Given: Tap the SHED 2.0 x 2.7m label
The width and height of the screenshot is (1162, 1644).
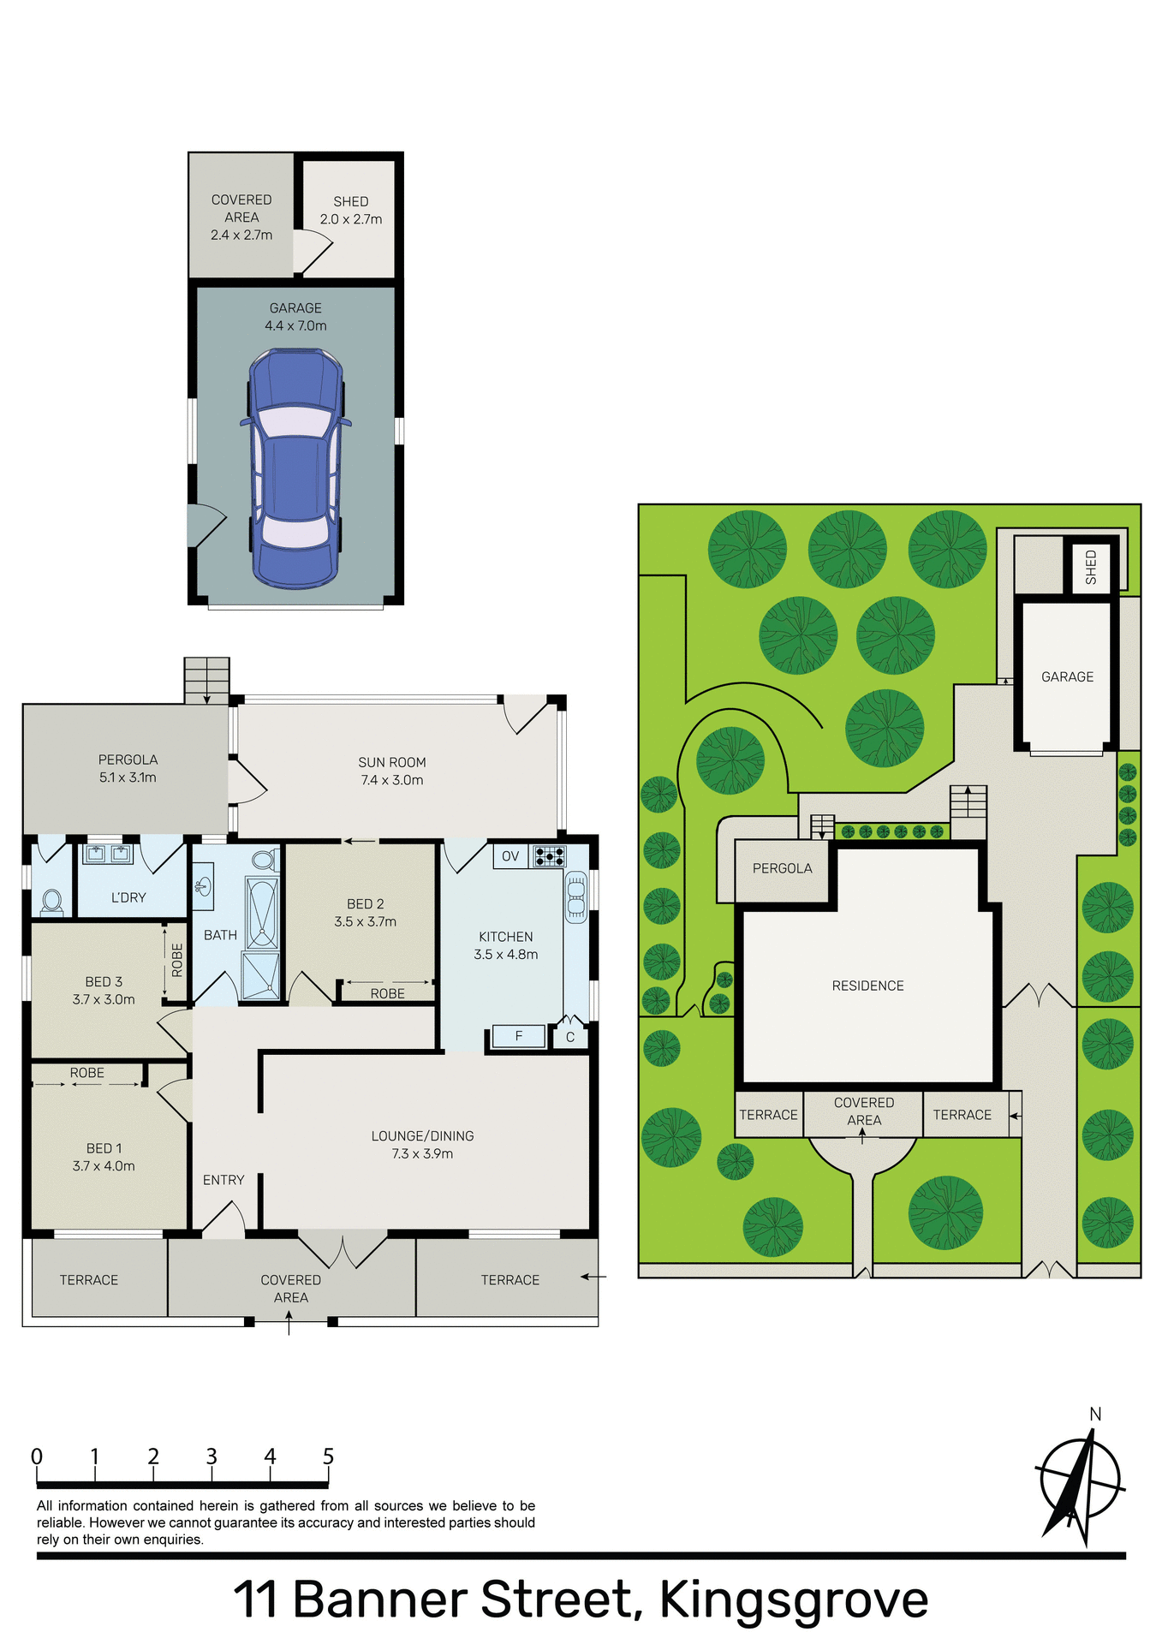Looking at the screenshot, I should click(351, 211).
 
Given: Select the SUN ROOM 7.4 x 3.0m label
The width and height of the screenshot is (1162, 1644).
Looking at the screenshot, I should click(392, 771).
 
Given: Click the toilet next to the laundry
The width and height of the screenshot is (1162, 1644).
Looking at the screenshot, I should click(51, 902).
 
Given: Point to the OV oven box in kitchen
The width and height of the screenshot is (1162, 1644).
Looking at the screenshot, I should click(510, 856).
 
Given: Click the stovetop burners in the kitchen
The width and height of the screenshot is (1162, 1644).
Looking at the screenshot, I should click(549, 856).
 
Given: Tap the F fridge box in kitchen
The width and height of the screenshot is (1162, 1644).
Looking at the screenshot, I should click(519, 1036).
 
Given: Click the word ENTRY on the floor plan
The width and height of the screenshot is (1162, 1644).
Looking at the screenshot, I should click(223, 1180).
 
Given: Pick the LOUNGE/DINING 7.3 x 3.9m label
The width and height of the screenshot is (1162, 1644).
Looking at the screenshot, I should click(422, 1145).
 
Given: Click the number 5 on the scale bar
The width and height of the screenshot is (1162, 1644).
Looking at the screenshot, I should click(328, 1456).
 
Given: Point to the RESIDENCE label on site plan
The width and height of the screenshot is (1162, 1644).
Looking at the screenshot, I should click(867, 986).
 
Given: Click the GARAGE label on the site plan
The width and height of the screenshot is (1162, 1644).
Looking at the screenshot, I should click(1067, 676).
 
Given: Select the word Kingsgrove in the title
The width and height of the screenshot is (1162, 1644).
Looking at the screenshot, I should click(793, 1599).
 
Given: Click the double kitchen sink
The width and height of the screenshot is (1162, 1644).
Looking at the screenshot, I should click(576, 896).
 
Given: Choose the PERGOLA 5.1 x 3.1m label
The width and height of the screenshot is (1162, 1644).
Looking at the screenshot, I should click(128, 768).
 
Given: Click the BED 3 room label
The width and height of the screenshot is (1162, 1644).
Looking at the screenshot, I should click(104, 991).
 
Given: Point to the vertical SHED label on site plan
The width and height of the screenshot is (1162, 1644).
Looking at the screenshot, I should click(1090, 567).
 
